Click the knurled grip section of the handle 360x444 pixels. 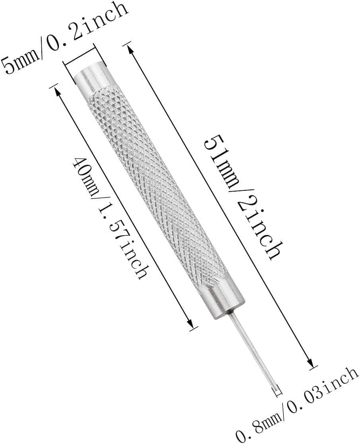click(x=158, y=187)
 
